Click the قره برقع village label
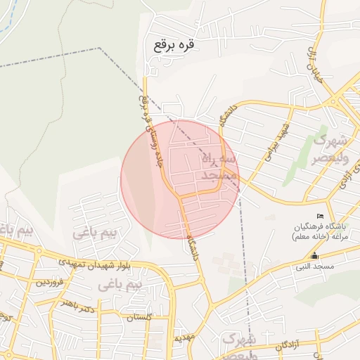tap(172, 44)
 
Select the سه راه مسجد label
tap(221, 167)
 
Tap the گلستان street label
tap(139, 318)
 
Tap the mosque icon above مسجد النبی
tap(314, 256)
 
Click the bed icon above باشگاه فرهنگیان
tap(321, 215)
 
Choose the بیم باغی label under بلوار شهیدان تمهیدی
tap(120, 284)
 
